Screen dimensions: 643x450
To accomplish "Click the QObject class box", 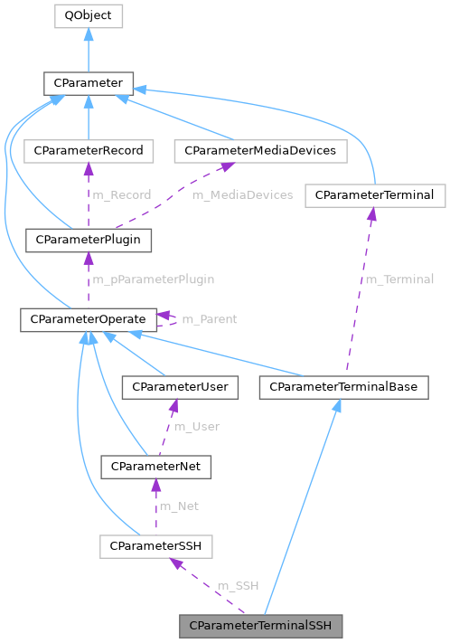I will point(88,15).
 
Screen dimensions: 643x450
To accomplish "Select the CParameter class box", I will point(88,84).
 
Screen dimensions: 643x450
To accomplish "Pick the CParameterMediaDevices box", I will point(260,150).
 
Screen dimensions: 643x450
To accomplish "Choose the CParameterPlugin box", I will point(88,240).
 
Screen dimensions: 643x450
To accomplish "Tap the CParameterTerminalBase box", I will point(343,387).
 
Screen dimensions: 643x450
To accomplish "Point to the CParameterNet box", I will point(155,467).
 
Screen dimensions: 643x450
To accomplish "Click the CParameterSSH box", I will point(155,545).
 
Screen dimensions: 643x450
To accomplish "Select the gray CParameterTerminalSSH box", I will point(262,625).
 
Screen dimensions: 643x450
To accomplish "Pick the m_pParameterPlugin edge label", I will point(154,279).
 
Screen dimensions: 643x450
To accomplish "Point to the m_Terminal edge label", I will point(398,279).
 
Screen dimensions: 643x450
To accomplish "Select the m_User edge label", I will point(196,426).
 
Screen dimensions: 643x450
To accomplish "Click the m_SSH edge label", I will point(238,585).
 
